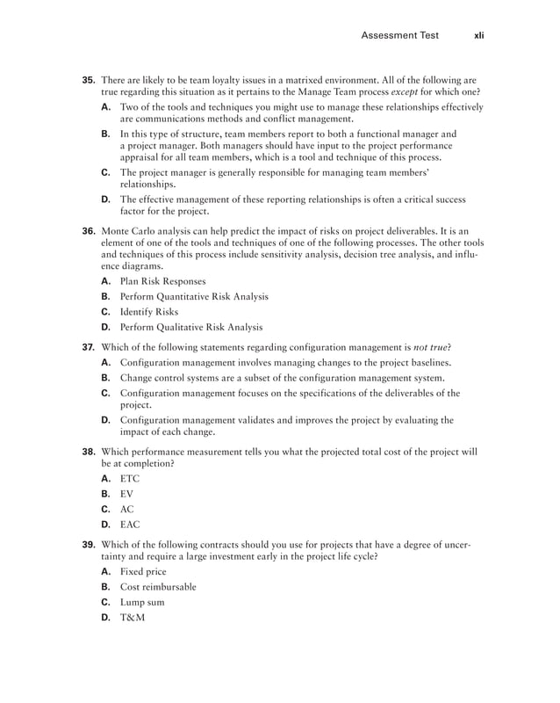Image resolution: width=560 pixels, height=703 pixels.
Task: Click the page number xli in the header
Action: click(478, 36)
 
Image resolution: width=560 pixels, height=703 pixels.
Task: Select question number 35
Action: click(89, 80)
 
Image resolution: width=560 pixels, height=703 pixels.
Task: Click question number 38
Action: click(89, 452)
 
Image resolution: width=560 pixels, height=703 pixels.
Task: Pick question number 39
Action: click(89, 544)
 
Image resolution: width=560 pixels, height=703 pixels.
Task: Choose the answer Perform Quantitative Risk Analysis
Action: click(194, 297)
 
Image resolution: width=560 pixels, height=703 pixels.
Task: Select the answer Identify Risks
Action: click(149, 312)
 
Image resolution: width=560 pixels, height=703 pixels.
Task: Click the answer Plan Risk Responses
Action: click(162, 281)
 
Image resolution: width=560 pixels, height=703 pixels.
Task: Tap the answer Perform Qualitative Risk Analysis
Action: click(191, 328)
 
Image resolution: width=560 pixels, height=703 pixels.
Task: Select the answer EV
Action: click(127, 494)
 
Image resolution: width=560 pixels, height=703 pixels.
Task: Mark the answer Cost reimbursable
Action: click(158, 586)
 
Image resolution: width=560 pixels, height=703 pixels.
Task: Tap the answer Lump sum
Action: click(142, 602)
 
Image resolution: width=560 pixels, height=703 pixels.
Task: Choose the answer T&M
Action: click(133, 618)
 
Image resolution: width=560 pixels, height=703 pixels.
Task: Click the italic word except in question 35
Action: click(405, 92)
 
